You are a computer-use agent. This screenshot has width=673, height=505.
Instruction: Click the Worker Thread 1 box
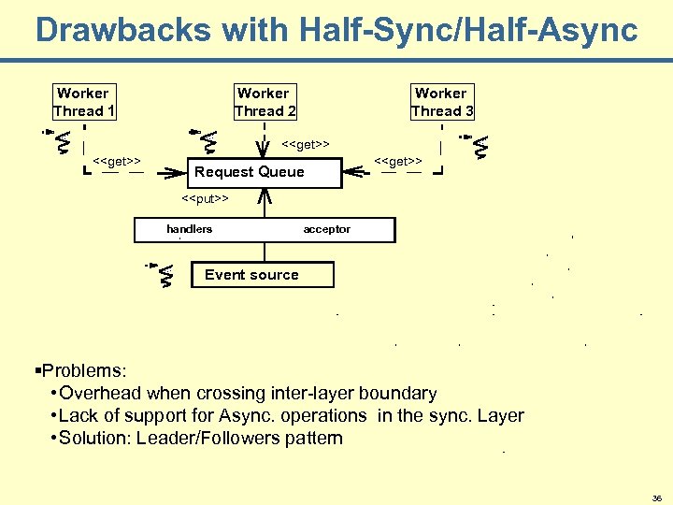coord(83,102)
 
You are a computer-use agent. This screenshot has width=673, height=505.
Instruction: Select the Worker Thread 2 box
coord(265,102)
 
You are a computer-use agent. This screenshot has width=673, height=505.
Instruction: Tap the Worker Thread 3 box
coord(441,102)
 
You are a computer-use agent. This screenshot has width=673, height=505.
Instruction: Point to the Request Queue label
coord(249,172)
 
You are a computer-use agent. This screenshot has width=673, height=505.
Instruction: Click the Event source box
coord(251,275)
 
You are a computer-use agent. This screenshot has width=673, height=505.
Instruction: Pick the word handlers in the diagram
coord(190,229)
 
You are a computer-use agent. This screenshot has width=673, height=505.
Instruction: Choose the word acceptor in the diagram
coord(326,229)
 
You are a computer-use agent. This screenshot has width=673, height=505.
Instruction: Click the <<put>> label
coord(205,198)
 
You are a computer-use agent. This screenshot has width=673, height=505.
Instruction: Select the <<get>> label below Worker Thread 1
coord(117,161)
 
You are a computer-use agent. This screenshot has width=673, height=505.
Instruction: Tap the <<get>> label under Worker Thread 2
coord(306,145)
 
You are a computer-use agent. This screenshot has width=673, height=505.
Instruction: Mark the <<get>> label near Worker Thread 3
coord(397,161)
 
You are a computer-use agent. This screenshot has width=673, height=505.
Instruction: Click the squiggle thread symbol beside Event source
coord(165,275)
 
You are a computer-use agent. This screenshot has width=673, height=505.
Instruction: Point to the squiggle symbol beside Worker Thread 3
coord(480,145)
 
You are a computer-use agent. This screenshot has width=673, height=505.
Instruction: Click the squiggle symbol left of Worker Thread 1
coord(61,140)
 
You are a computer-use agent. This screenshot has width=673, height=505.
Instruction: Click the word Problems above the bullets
coord(84,370)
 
